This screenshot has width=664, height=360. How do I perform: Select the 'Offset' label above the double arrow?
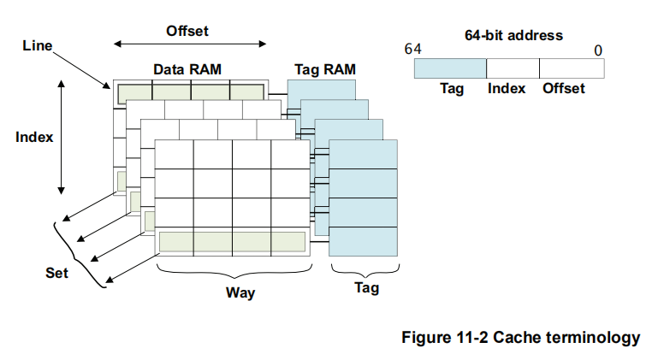click(x=187, y=32)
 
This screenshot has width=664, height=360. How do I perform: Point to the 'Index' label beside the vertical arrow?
click(x=34, y=137)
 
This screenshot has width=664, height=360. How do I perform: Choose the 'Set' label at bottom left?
click(x=56, y=274)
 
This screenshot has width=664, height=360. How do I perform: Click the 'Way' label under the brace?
click(x=240, y=292)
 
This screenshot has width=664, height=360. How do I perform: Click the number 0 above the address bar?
click(x=598, y=50)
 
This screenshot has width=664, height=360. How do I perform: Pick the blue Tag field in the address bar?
click(x=450, y=68)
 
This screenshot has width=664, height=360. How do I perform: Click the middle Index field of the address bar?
click(x=513, y=68)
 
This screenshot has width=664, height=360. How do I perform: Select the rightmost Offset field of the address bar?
click(x=571, y=68)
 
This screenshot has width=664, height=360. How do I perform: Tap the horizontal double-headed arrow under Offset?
click(x=190, y=45)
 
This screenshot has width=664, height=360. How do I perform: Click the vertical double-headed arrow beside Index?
click(x=62, y=137)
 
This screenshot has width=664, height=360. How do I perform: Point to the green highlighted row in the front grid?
click(x=232, y=241)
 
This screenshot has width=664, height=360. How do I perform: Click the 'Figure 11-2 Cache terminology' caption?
click(x=520, y=338)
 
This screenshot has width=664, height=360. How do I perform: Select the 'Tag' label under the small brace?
click(x=366, y=288)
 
